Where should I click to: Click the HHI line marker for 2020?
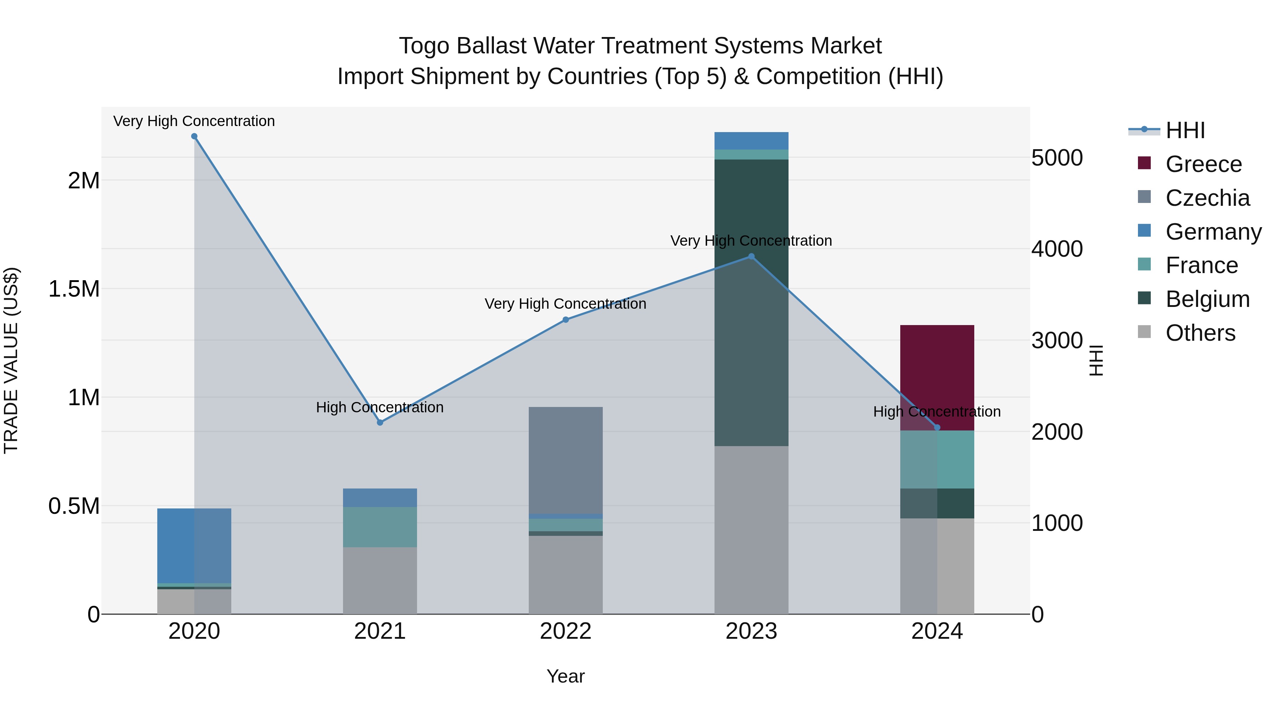(194, 136)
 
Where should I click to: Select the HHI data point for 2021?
(380, 422)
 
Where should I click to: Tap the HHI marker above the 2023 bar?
(752, 257)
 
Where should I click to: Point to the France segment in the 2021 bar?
(380, 527)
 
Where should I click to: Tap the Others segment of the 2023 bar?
(752, 530)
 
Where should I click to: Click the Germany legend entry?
(1213, 232)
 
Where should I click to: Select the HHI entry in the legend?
(1185, 130)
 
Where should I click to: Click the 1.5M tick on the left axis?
(74, 289)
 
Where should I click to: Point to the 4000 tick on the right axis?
(1057, 249)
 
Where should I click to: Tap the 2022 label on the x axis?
(565, 631)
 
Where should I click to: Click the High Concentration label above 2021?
(380, 408)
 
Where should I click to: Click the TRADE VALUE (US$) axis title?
(11, 360)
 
